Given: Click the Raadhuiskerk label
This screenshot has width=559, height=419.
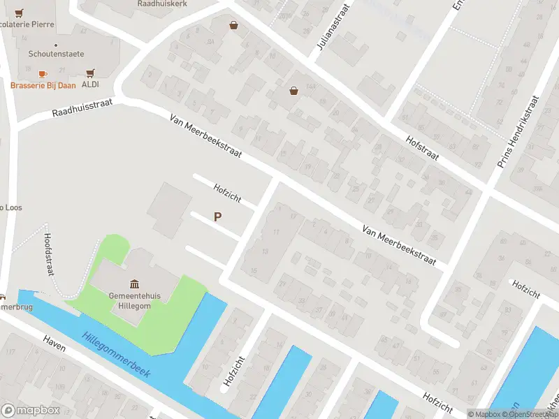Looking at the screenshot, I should click(x=161, y=3).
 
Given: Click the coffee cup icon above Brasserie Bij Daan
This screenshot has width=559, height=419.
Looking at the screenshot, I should click(x=43, y=73).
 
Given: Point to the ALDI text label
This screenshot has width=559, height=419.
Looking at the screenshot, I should click(x=90, y=85).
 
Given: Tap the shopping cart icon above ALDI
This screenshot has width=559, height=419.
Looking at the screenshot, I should click(x=90, y=73).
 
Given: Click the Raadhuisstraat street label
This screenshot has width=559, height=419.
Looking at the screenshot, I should click(x=82, y=109).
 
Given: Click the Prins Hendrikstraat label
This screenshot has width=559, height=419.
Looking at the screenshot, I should click(x=518, y=133).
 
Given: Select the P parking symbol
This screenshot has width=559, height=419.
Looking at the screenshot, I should click(x=218, y=217).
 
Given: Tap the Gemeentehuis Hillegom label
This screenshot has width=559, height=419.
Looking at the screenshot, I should click(x=135, y=300).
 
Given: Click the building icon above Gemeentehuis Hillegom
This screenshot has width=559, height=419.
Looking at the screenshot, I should click(x=134, y=284).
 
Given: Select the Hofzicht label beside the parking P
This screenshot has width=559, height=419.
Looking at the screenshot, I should click(x=227, y=193).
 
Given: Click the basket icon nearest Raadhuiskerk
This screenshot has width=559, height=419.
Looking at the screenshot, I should click(x=233, y=26).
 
